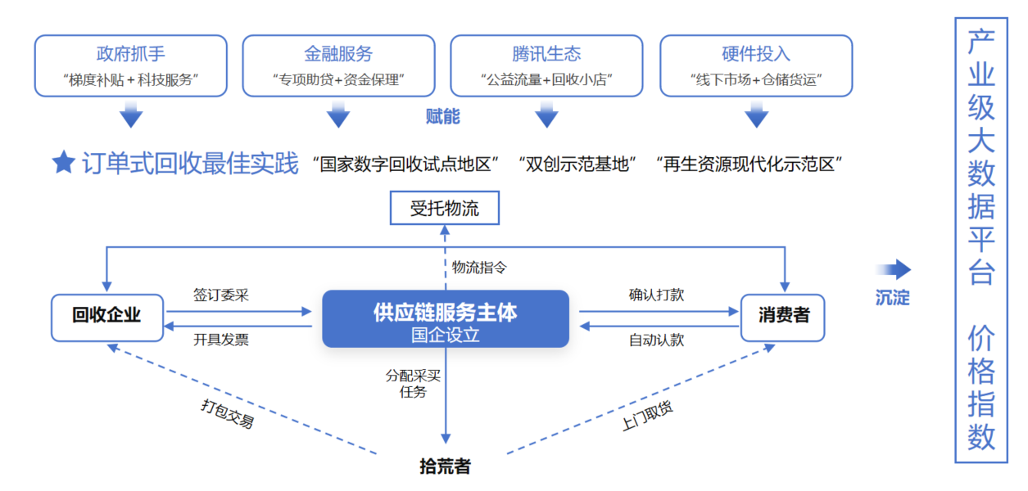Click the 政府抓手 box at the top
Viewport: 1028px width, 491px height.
click(131, 65)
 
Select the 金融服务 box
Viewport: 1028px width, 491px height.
click(339, 65)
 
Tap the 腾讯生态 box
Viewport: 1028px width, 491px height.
click(547, 65)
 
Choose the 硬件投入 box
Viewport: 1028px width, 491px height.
click(756, 65)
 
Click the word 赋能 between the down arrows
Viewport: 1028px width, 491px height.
click(443, 116)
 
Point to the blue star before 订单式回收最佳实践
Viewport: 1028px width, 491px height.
click(63, 163)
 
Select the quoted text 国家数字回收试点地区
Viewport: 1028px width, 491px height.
click(406, 164)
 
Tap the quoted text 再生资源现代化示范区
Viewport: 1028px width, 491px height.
click(749, 164)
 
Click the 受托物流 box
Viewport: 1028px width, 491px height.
click(445, 208)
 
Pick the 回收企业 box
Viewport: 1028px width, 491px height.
click(106, 318)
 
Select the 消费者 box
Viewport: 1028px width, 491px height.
click(782, 318)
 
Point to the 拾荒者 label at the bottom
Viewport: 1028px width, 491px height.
click(445, 467)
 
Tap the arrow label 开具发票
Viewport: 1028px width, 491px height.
click(221, 340)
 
